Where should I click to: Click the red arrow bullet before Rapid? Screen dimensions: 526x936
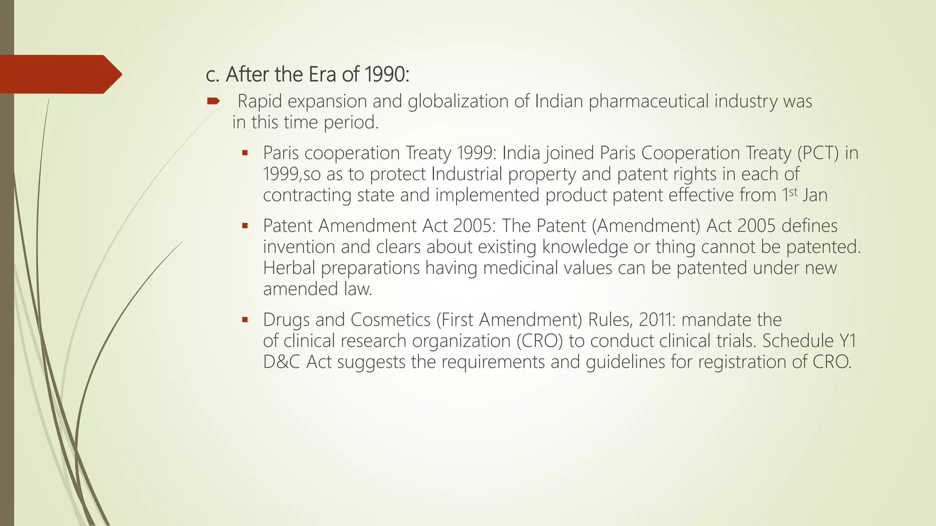click(x=213, y=101)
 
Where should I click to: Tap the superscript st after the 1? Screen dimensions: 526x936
click(x=793, y=192)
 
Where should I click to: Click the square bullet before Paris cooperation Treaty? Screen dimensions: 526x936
click(x=245, y=153)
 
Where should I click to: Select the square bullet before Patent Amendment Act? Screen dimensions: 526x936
click(x=245, y=226)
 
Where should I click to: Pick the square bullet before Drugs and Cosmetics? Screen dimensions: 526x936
click(x=245, y=320)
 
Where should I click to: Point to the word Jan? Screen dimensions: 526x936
click(x=815, y=195)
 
